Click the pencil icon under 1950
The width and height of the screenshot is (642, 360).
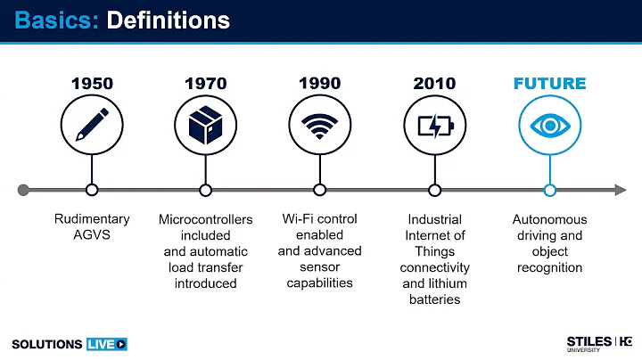click(92, 126)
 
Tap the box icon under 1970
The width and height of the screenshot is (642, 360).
click(206, 126)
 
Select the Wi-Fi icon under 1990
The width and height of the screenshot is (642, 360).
click(320, 126)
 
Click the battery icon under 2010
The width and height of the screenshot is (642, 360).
click(434, 126)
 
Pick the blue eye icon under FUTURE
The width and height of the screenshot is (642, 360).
click(549, 126)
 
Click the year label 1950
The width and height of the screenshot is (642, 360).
click(92, 84)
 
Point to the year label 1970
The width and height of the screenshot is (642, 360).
click(206, 84)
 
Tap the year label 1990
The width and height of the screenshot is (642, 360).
click(320, 84)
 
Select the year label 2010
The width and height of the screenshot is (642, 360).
click(434, 84)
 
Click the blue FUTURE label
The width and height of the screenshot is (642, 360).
click(549, 84)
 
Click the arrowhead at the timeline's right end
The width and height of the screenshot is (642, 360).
click(621, 190)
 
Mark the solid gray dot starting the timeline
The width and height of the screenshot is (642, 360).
click(23, 190)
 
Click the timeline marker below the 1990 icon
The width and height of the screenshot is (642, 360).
click(320, 190)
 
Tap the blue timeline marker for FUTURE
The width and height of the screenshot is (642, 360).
click(549, 190)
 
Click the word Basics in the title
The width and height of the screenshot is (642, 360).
click(54, 19)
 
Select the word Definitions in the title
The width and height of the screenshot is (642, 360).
click(168, 19)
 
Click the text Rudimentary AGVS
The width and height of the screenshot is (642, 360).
click(92, 226)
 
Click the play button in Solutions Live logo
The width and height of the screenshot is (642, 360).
click(121, 343)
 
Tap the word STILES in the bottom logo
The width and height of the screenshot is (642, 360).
click(588, 340)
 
